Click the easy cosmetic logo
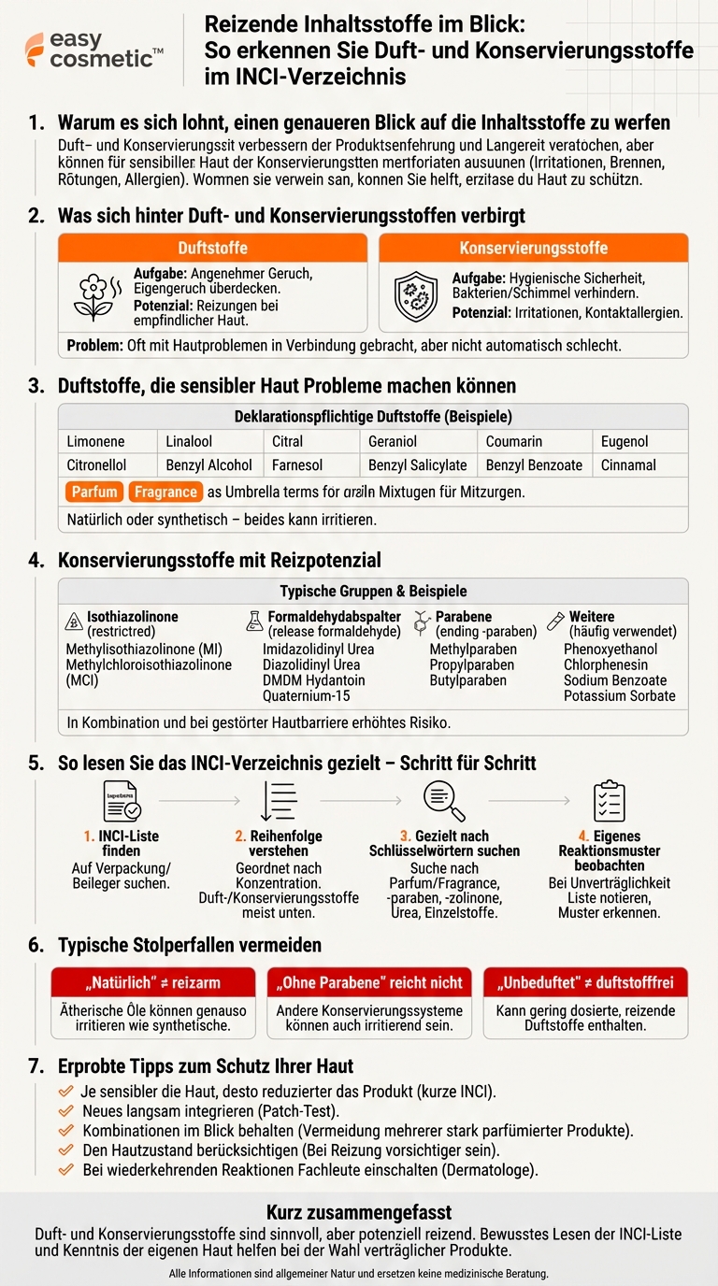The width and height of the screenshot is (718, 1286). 93,49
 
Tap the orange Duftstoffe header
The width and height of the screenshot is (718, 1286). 214,248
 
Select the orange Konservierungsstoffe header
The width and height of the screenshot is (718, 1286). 533,248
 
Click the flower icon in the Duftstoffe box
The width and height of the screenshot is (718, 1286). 93,297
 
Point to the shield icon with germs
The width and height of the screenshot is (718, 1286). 412,297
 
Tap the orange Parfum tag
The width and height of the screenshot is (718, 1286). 94,492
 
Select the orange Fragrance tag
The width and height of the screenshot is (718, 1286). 165,492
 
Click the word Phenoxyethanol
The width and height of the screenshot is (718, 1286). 610,649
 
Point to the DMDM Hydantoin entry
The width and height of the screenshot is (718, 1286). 314,679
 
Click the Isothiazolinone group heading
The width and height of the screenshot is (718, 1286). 132,617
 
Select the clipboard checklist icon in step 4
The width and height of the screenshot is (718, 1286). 610,801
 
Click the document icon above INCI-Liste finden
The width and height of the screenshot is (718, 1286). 122,801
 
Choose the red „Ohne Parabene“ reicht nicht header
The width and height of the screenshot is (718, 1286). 369,982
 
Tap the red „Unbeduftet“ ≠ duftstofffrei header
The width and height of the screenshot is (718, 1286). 585,982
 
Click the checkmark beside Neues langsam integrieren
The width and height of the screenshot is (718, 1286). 65,1111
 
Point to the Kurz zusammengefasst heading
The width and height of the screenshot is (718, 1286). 359,1212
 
